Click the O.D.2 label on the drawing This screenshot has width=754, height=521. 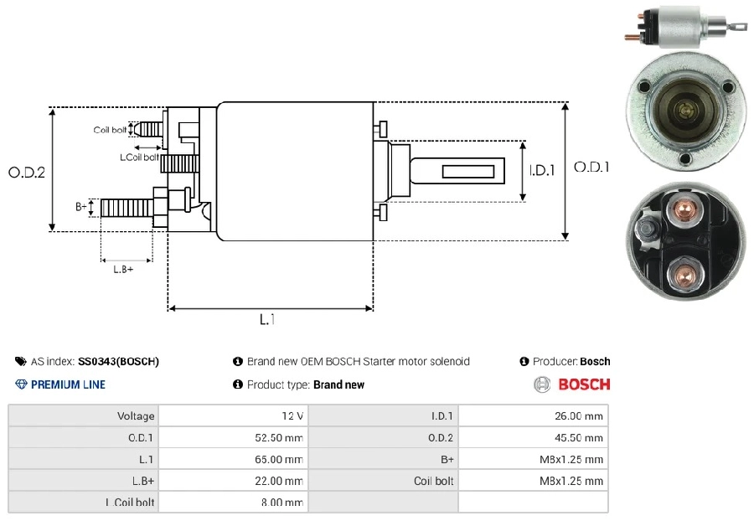(x=27, y=172)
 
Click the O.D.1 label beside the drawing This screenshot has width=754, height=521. (x=591, y=167)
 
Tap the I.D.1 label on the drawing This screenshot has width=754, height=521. (x=542, y=170)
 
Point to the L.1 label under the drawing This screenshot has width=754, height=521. (x=267, y=319)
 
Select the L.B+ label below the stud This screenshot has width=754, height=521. (x=123, y=269)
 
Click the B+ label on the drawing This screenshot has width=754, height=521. (x=81, y=207)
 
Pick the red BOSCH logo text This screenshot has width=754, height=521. (x=584, y=384)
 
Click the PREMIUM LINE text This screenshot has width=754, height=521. (x=69, y=384)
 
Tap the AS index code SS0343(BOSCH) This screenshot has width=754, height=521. (x=118, y=361)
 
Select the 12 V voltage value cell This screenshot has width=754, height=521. (x=234, y=415)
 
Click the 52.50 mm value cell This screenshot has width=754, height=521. (x=234, y=437)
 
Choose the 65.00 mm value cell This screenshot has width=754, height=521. (x=234, y=459)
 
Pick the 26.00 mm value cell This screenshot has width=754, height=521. (x=534, y=415)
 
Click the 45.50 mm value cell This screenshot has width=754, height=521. (x=534, y=437)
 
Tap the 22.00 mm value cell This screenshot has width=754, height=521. (x=234, y=481)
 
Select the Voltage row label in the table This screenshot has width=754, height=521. (x=136, y=415)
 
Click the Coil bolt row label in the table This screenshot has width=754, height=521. (x=433, y=481)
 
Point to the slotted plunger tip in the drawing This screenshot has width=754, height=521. (x=457, y=171)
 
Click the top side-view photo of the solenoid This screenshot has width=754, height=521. (x=682, y=27)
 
